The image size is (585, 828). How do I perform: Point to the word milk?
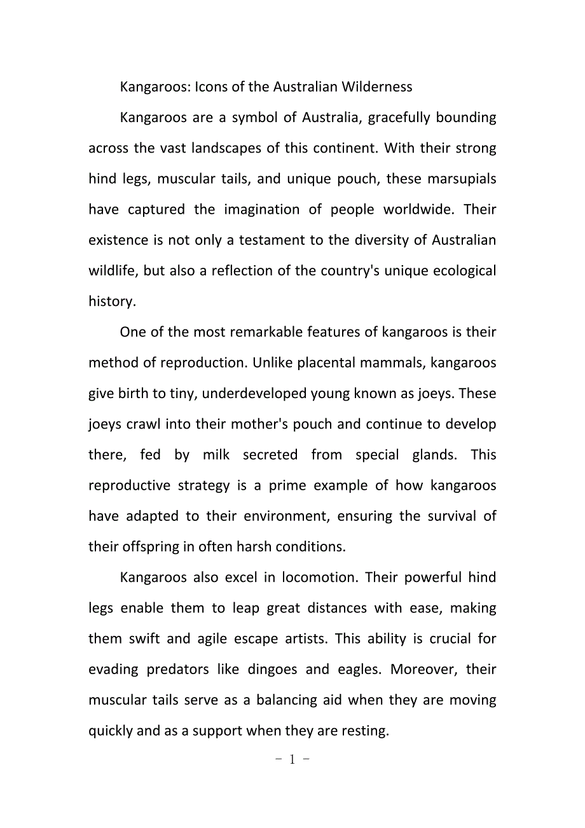coord(216,455)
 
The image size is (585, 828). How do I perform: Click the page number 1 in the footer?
coord(292,760)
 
